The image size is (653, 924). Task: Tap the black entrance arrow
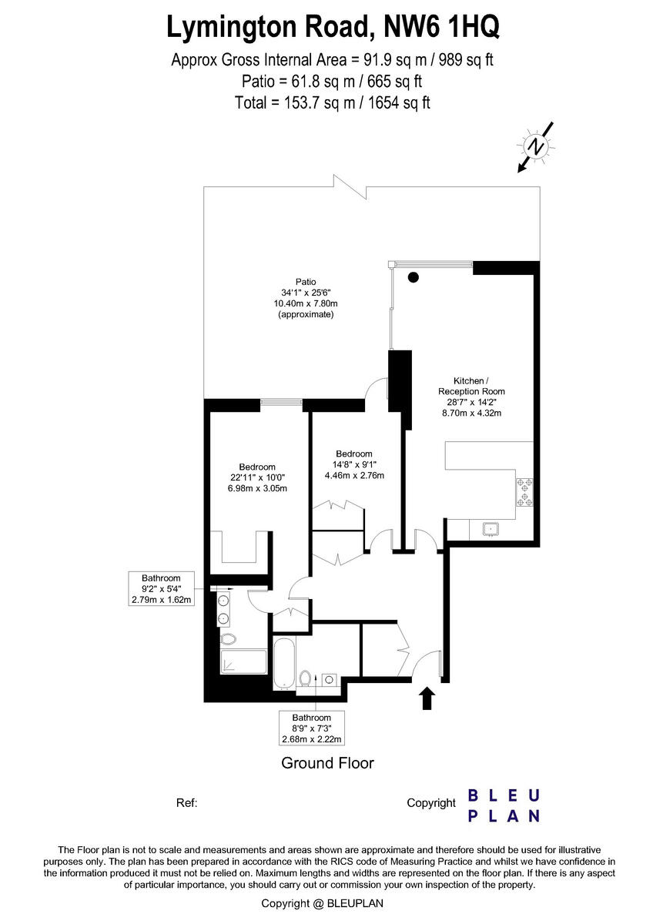point(427,698)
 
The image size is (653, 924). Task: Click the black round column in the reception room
point(414,278)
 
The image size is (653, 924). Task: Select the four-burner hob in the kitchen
point(527,492)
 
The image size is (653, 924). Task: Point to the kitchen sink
point(488,528)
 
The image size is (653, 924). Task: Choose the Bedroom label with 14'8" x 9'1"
point(353,464)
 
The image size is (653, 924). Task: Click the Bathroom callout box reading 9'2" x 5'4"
point(161,589)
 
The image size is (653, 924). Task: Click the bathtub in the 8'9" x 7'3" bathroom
point(283,661)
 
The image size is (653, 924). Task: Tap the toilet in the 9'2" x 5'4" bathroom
point(228,639)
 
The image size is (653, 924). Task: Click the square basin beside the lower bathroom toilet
point(329,678)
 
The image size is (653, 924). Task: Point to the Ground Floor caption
point(327,763)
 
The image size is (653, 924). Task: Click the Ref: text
point(187,803)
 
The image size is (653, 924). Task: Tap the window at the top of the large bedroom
point(280,400)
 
